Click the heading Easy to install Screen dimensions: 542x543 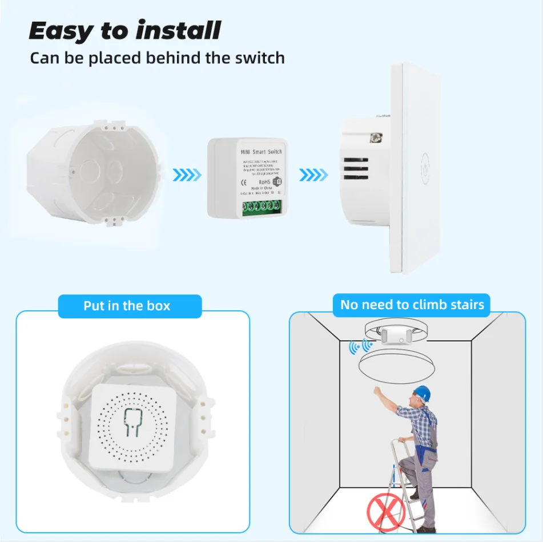click(x=124, y=31)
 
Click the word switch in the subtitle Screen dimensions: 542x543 click(x=255, y=58)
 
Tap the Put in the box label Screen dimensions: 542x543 click(x=127, y=306)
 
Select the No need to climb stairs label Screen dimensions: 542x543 click(x=412, y=305)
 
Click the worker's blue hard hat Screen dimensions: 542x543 click(x=421, y=393)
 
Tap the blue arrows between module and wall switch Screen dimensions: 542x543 click(x=313, y=175)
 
